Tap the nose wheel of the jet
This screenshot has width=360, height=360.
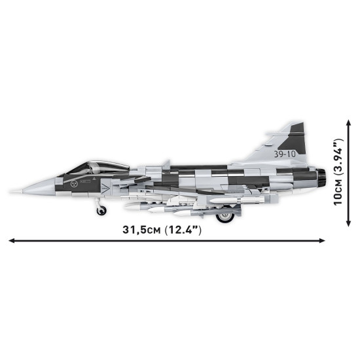(100, 210)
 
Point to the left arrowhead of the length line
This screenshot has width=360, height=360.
(10, 241)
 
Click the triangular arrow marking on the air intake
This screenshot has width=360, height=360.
(103, 187)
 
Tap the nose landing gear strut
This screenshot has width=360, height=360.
(99, 202)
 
